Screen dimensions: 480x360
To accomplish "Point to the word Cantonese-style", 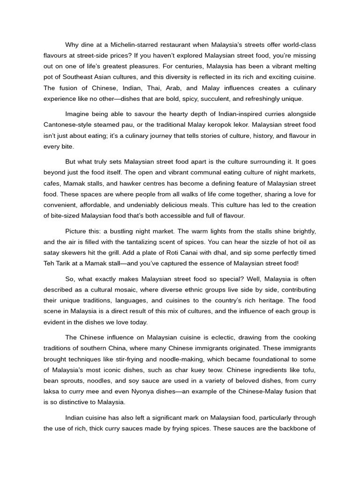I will [67, 125].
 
